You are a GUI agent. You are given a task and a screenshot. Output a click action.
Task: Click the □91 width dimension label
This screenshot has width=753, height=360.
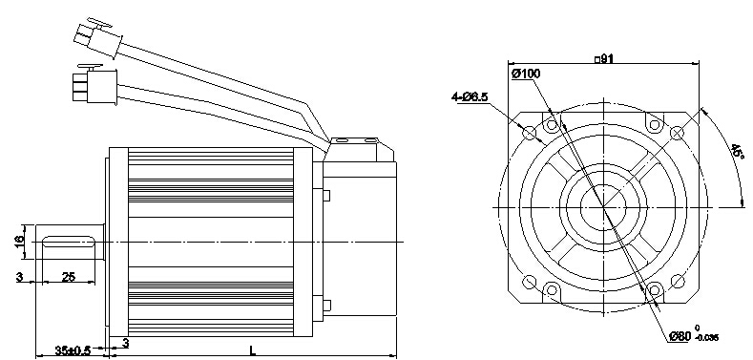click(x=604, y=58)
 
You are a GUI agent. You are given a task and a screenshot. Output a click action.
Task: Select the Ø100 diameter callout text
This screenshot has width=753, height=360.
click(x=526, y=74)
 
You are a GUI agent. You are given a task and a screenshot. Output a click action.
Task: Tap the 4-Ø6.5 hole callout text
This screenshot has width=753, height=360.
click(x=470, y=96)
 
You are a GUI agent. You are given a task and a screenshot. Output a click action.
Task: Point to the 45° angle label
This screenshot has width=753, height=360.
click(x=738, y=152)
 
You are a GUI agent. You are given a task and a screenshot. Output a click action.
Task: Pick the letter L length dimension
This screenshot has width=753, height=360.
click(x=253, y=349)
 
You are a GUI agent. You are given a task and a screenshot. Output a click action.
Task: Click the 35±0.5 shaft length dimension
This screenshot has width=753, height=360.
click(x=73, y=350)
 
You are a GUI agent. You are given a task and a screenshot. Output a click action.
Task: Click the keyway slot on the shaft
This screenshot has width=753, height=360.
click(x=69, y=242)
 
